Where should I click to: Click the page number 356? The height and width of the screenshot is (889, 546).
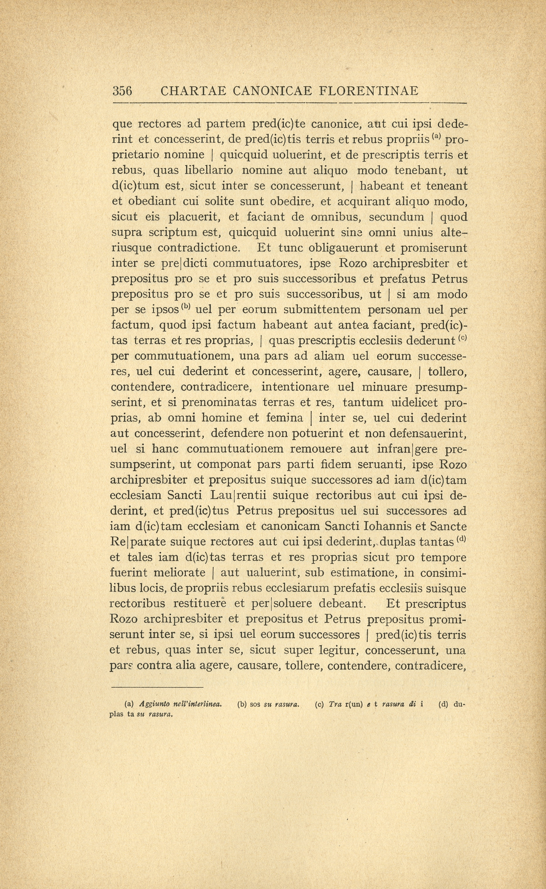tap(123, 91)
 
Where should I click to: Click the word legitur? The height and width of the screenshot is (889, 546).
tap(338, 650)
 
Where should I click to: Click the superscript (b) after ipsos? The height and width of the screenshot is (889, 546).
tap(186, 307)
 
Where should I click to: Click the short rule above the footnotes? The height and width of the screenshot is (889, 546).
tap(157, 687)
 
